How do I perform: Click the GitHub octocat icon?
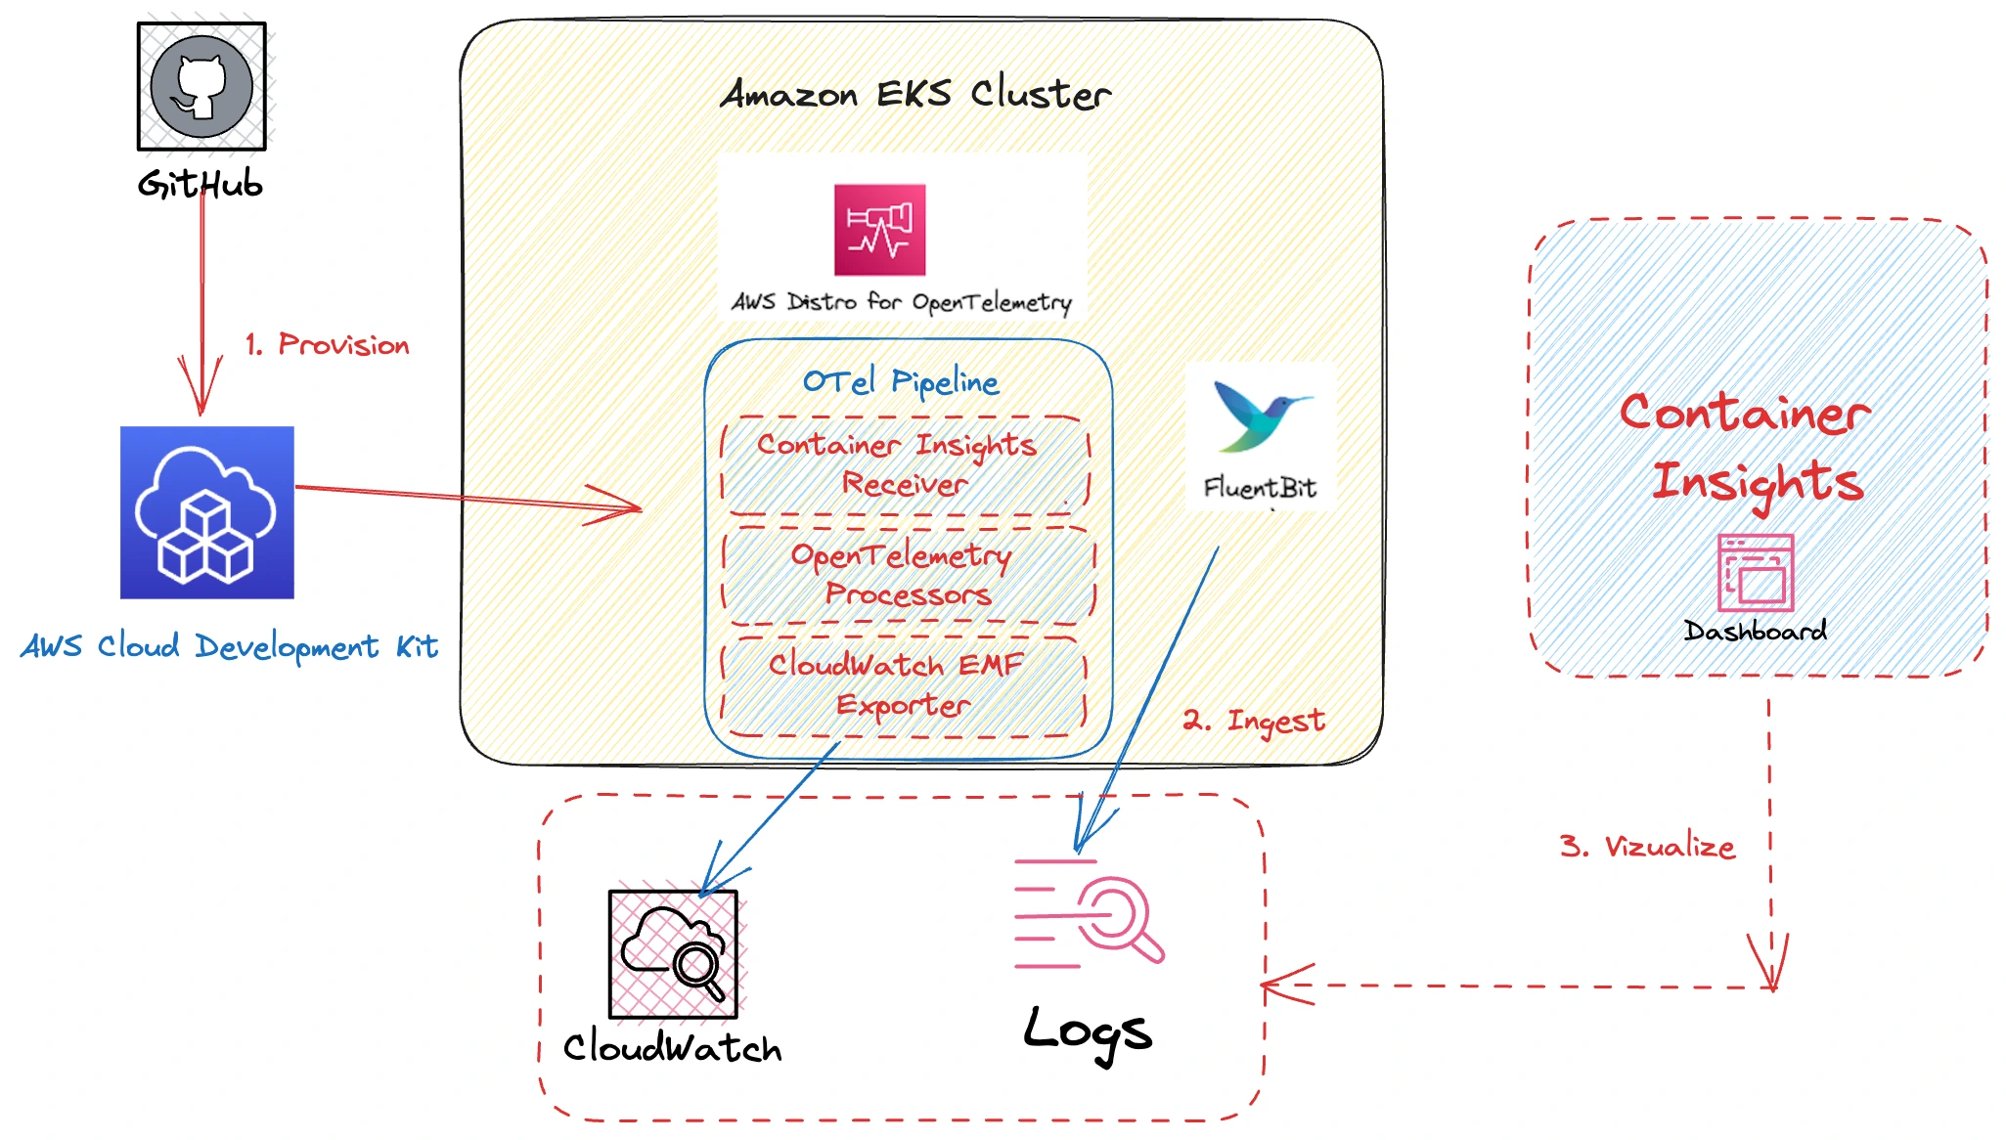point(201,86)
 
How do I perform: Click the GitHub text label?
point(201,184)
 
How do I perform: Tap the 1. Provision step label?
point(328,344)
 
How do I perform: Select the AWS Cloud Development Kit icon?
point(206,512)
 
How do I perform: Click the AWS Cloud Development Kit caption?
point(229,646)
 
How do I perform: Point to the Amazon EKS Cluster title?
point(915,94)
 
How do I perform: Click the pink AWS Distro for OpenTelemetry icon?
point(879,230)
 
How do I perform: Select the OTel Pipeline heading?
point(901,381)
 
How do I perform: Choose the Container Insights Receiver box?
point(905,464)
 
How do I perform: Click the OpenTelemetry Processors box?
point(908,575)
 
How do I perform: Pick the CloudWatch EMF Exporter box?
point(902,684)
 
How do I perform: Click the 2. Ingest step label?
point(1254,721)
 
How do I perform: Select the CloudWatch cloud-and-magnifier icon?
point(673,954)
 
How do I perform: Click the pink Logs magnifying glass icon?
point(1089,914)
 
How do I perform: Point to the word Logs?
point(1088,1033)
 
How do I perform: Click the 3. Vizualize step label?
point(1647,846)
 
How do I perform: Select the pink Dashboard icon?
point(1756,573)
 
